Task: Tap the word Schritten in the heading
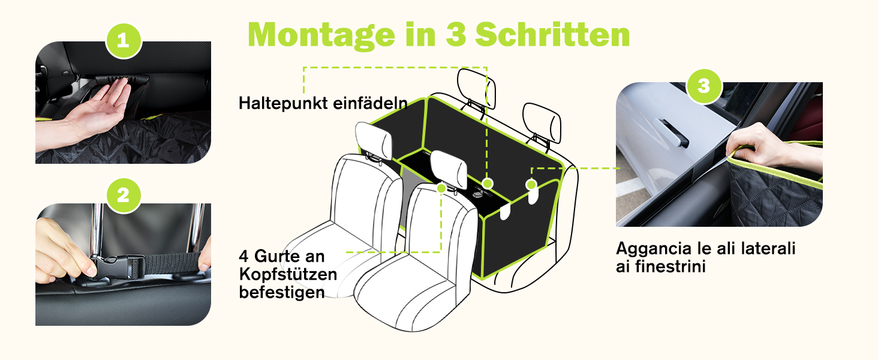click(553, 34)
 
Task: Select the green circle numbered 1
click(124, 41)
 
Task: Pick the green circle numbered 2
click(124, 195)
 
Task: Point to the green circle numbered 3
click(704, 86)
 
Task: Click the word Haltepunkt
click(283, 103)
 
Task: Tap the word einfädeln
click(370, 103)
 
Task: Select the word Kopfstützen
click(288, 275)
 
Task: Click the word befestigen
click(282, 292)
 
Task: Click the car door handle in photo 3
click(673, 134)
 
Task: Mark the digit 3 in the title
click(456, 34)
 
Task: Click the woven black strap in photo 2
click(173, 263)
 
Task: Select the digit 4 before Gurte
click(243, 256)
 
